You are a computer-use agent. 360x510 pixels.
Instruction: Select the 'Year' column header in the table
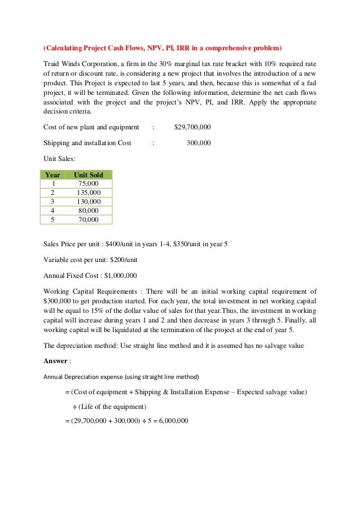point(52,175)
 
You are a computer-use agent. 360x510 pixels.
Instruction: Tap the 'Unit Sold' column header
point(89,175)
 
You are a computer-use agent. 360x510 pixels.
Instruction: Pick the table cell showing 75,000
point(89,184)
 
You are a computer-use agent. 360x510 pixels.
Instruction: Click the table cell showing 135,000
point(89,193)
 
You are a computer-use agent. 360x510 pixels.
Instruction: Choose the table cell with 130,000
point(89,202)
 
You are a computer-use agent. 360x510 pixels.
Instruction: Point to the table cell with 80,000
point(89,211)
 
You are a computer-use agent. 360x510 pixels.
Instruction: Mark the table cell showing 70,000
point(89,220)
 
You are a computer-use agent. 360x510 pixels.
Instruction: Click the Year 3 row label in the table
point(52,202)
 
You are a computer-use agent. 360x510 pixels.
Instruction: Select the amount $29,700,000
point(192,127)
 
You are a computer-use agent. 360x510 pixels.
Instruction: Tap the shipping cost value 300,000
point(199,143)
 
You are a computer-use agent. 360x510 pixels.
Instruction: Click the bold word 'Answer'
point(55,361)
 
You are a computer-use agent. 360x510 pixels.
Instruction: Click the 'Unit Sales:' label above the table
point(59,159)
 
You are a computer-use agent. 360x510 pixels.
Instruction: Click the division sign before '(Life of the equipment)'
point(74,407)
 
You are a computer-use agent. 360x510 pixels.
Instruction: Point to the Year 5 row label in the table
point(52,220)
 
